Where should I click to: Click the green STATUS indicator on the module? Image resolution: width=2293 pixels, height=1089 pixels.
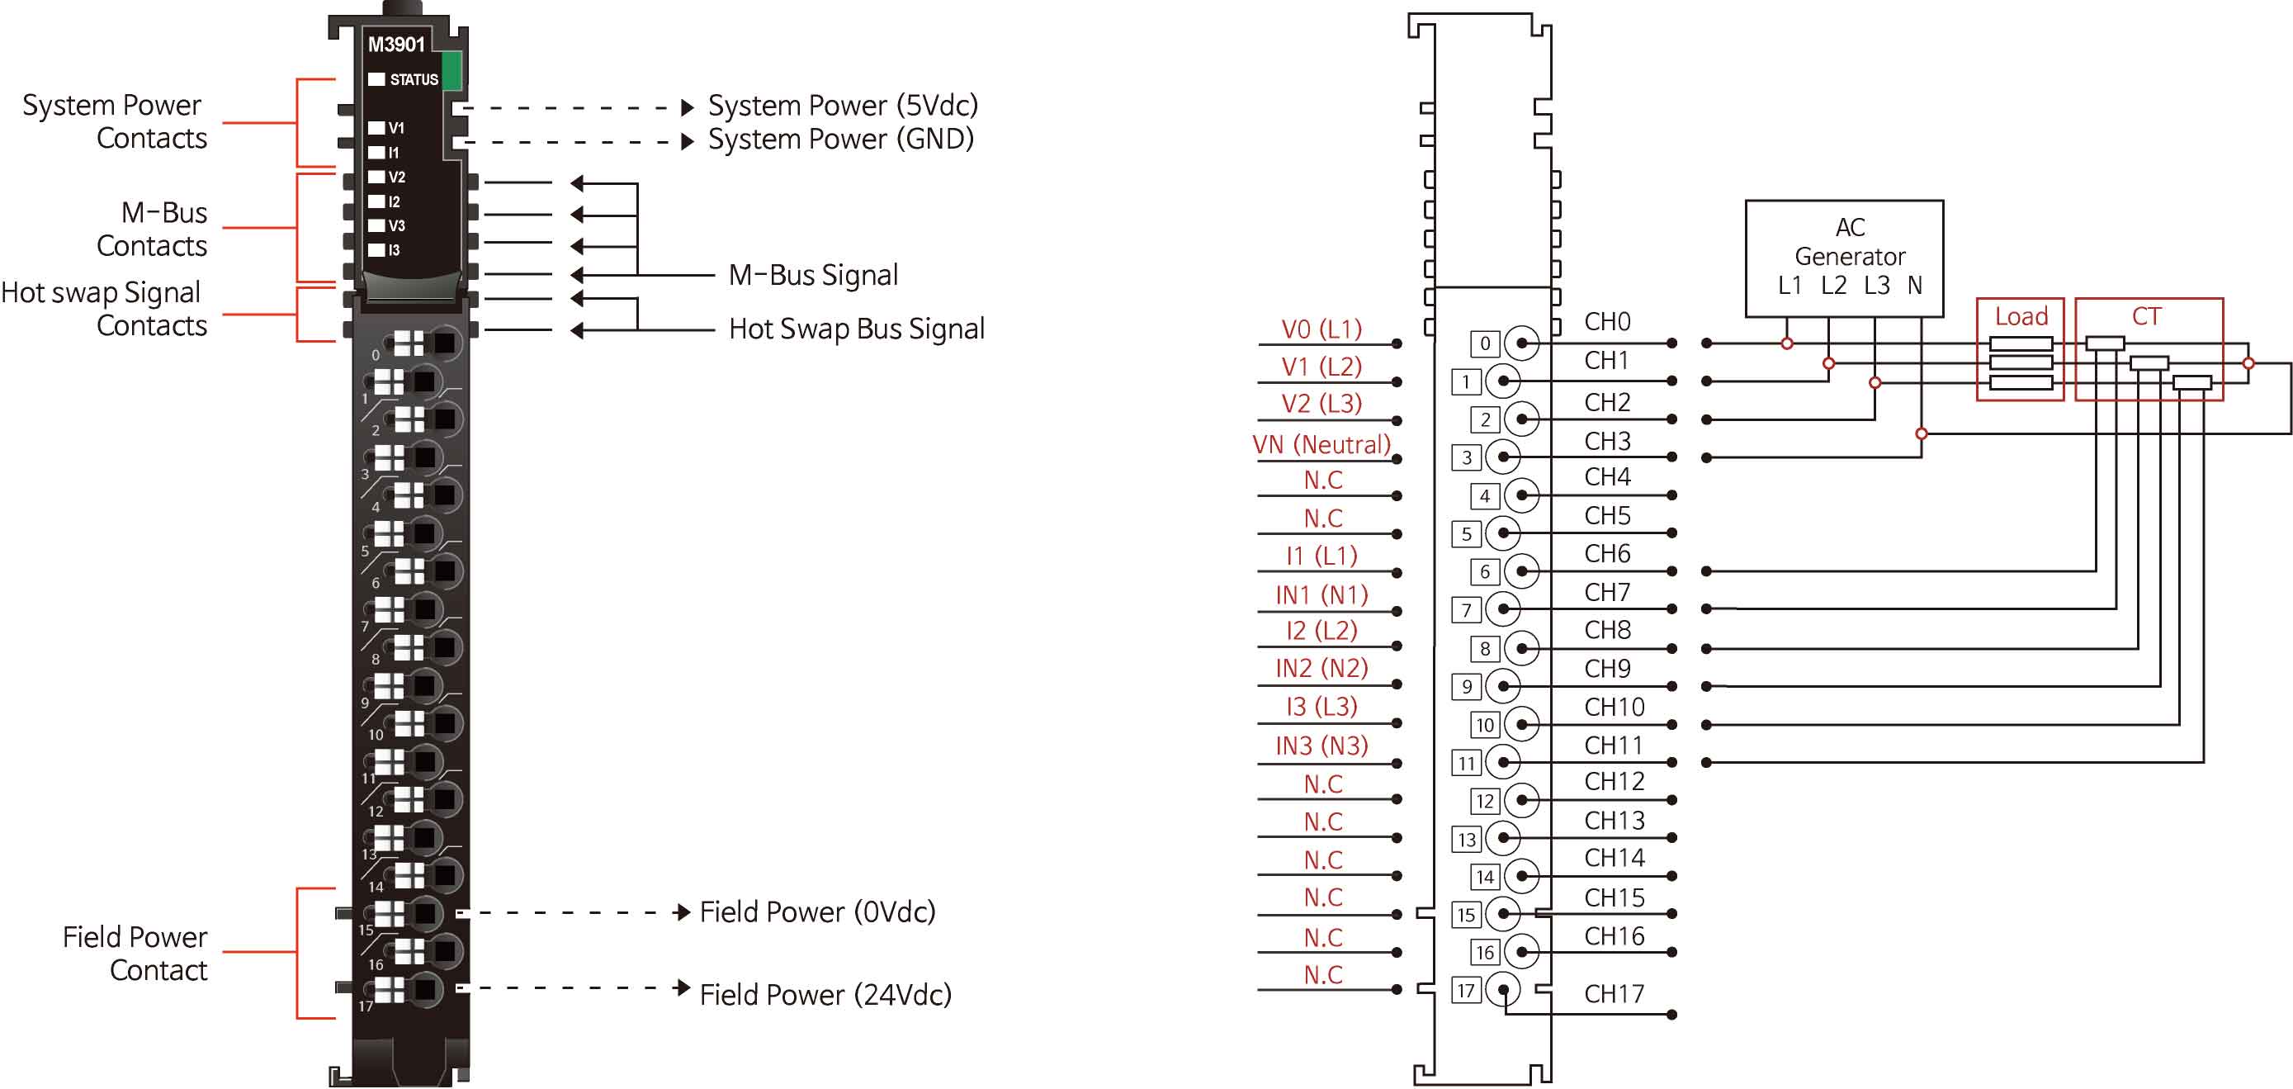[x=452, y=70]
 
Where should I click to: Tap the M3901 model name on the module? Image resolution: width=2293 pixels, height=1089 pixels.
[x=396, y=45]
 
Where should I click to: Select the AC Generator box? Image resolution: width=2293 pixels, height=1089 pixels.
[x=1843, y=258]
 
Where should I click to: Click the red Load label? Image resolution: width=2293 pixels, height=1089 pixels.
[x=2021, y=316]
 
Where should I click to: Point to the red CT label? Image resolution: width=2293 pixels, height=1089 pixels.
[x=2146, y=316]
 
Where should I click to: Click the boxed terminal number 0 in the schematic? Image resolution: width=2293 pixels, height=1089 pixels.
[x=1485, y=343]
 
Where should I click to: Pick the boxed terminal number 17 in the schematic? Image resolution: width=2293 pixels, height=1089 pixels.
[x=1466, y=990]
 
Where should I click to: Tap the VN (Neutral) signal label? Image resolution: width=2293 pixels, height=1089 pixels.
[x=1321, y=444]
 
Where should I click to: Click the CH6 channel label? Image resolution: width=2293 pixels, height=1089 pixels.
[x=1607, y=554]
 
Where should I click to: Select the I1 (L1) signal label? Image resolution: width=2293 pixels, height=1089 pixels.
[x=1321, y=556]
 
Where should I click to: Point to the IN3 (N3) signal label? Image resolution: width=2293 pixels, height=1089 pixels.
[x=1321, y=746]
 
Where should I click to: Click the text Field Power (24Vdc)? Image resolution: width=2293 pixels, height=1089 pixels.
[x=825, y=994]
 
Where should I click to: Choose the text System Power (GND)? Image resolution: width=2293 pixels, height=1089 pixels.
[x=840, y=139]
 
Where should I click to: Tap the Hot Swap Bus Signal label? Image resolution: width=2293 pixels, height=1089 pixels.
[x=856, y=329]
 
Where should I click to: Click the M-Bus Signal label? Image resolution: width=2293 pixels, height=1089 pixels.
[x=813, y=275]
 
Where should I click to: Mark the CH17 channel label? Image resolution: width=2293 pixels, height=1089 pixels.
[x=1614, y=993]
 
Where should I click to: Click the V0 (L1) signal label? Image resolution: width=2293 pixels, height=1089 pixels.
[x=1321, y=329]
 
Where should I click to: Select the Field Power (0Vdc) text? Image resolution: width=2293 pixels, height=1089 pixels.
[x=817, y=911]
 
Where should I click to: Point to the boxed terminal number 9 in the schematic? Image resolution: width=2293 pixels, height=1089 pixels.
[x=1466, y=687]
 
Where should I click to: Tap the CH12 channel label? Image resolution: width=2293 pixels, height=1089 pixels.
[x=1614, y=781]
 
